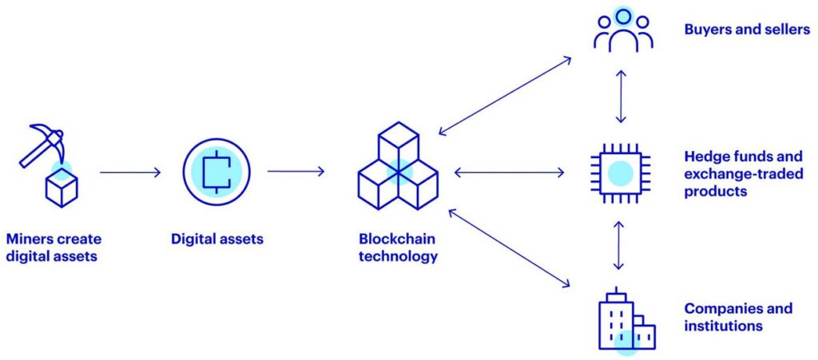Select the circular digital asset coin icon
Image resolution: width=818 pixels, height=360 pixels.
point(216,171)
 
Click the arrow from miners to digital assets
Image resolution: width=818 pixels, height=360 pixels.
point(130,172)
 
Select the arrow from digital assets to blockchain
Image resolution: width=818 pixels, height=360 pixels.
point(296,172)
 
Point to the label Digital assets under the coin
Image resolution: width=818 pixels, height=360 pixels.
point(217,238)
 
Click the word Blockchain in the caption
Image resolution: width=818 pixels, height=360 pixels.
point(398,239)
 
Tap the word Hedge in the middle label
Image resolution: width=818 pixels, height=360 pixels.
point(705,156)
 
